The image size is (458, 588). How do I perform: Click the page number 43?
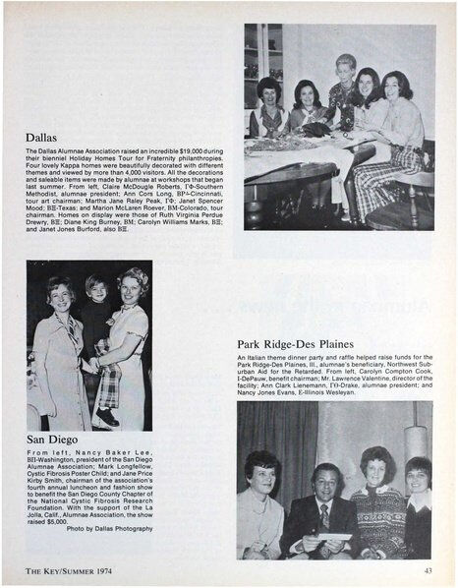[428, 569]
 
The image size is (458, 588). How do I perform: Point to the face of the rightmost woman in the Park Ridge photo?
[418, 472]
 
